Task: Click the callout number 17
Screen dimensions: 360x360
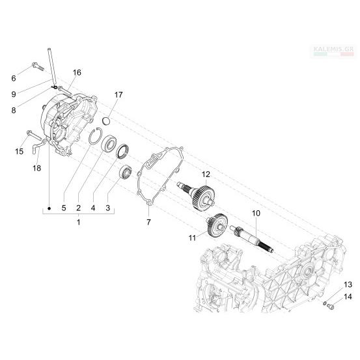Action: click(x=118, y=94)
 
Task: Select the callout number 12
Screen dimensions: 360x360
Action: click(x=206, y=174)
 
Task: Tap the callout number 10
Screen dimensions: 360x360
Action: click(x=256, y=214)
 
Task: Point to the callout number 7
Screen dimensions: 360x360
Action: click(x=149, y=222)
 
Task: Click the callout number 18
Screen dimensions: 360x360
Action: click(x=36, y=168)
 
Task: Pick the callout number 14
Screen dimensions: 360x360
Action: click(x=348, y=297)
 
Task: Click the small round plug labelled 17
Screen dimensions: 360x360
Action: click(x=106, y=121)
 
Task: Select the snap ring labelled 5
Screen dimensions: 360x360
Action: click(x=95, y=136)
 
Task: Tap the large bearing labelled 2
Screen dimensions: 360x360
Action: click(x=109, y=144)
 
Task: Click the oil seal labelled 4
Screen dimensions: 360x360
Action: click(x=122, y=151)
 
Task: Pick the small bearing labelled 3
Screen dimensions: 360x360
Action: click(x=126, y=171)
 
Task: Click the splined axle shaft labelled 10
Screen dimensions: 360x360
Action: click(x=253, y=240)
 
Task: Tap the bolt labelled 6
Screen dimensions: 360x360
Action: click(x=38, y=66)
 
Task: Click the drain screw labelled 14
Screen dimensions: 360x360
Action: click(x=331, y=306)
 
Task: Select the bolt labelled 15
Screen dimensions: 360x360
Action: click(x=35, y=135)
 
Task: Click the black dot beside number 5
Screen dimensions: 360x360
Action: click(x=49, y=208)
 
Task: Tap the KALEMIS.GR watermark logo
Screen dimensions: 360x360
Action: click(x=333, y=51)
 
